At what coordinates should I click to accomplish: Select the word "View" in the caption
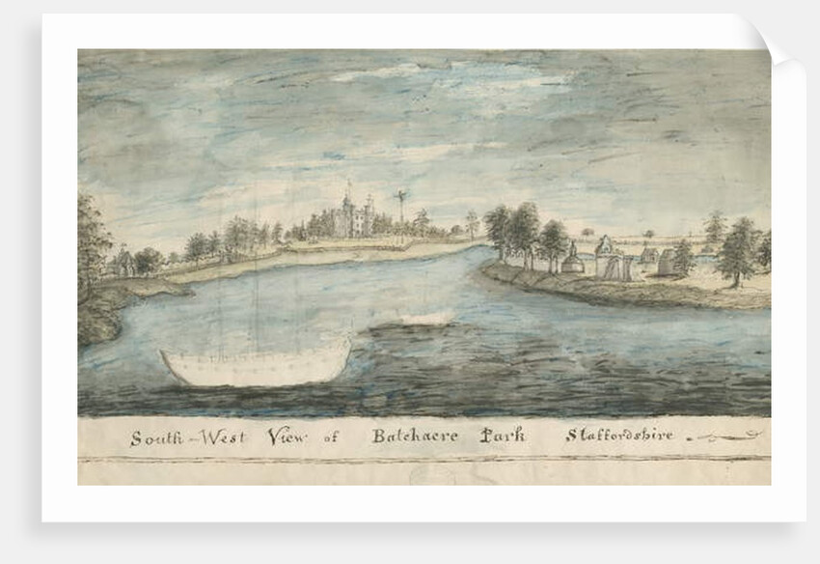click(x=285, y=436)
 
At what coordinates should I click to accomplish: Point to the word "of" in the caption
click(x=331, y=437)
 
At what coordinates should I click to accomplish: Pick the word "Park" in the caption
click(x=503, y=436)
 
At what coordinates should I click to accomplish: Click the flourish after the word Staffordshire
click(x=720, y=437)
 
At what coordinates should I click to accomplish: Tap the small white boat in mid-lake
click(x=425, y=318)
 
